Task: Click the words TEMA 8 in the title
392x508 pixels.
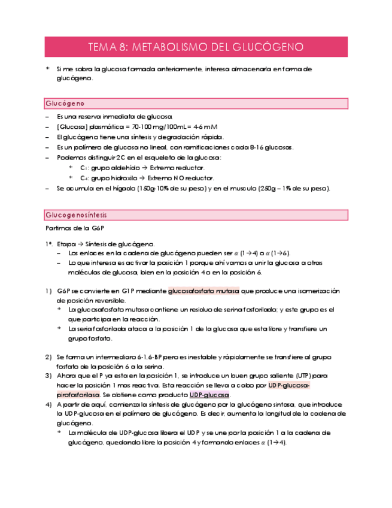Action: click(107, 47)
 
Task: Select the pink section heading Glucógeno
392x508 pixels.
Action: click(65, 104)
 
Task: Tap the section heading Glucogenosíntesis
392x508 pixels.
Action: click(76, 214)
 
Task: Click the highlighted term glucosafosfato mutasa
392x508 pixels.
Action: click(203, 291)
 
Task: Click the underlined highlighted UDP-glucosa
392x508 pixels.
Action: click(209, 395)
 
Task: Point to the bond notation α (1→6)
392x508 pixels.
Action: click(277, 254)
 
